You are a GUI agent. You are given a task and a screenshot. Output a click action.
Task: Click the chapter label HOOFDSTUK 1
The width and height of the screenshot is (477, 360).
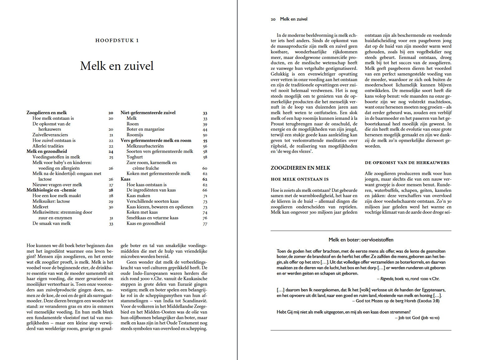117,41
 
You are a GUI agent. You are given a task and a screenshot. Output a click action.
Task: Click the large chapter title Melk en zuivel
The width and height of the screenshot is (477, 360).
117,66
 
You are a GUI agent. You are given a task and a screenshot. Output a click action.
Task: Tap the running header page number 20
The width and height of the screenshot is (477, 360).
273,19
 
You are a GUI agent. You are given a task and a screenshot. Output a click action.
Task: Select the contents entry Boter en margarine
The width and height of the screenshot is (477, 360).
145,129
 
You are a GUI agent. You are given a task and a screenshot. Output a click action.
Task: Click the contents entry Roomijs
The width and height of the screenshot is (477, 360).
135,135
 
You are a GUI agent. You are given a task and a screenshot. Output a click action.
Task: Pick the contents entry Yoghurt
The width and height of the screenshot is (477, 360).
135,157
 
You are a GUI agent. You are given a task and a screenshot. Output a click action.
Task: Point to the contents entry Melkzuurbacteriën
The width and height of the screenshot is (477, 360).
145,146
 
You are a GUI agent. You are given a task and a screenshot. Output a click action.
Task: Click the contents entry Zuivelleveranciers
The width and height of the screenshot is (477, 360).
50,135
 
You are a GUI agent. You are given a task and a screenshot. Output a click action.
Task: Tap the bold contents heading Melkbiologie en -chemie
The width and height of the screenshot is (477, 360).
51,190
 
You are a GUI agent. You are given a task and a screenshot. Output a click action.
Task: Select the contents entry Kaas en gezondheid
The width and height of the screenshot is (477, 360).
146,223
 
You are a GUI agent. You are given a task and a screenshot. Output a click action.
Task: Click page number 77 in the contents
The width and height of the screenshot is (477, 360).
205,224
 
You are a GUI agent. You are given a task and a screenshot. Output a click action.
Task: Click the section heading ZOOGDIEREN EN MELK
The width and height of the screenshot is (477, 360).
300,168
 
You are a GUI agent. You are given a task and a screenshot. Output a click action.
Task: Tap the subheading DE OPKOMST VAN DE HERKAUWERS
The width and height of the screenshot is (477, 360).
407,163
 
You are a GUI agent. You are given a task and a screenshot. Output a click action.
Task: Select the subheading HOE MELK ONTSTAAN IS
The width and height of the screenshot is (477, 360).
300,179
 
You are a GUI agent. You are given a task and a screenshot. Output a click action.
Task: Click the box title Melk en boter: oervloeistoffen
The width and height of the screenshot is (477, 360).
361,240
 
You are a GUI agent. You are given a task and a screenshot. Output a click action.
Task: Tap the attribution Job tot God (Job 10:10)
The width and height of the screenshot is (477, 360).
419,318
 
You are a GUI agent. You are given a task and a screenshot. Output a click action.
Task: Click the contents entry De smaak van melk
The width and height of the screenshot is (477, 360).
51,223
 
